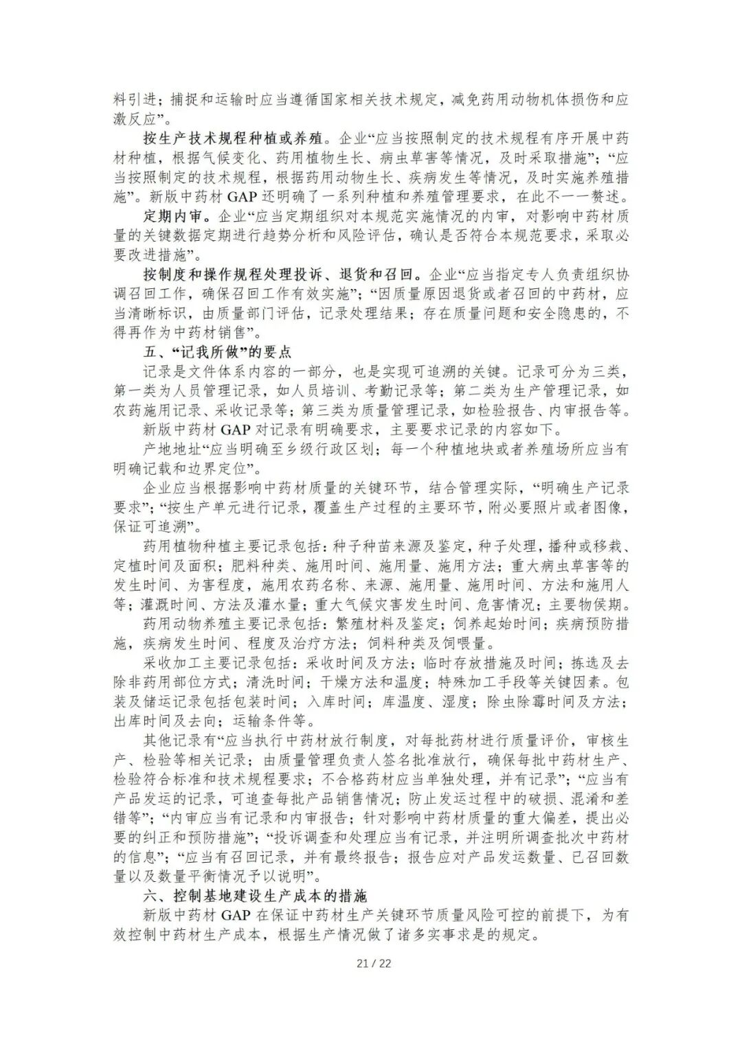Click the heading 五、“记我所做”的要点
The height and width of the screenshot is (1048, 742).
(x=218, y=352)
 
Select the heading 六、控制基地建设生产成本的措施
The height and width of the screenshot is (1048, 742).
(x=255, y=896)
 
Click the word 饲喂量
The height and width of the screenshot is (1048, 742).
(x=464, y=644)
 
